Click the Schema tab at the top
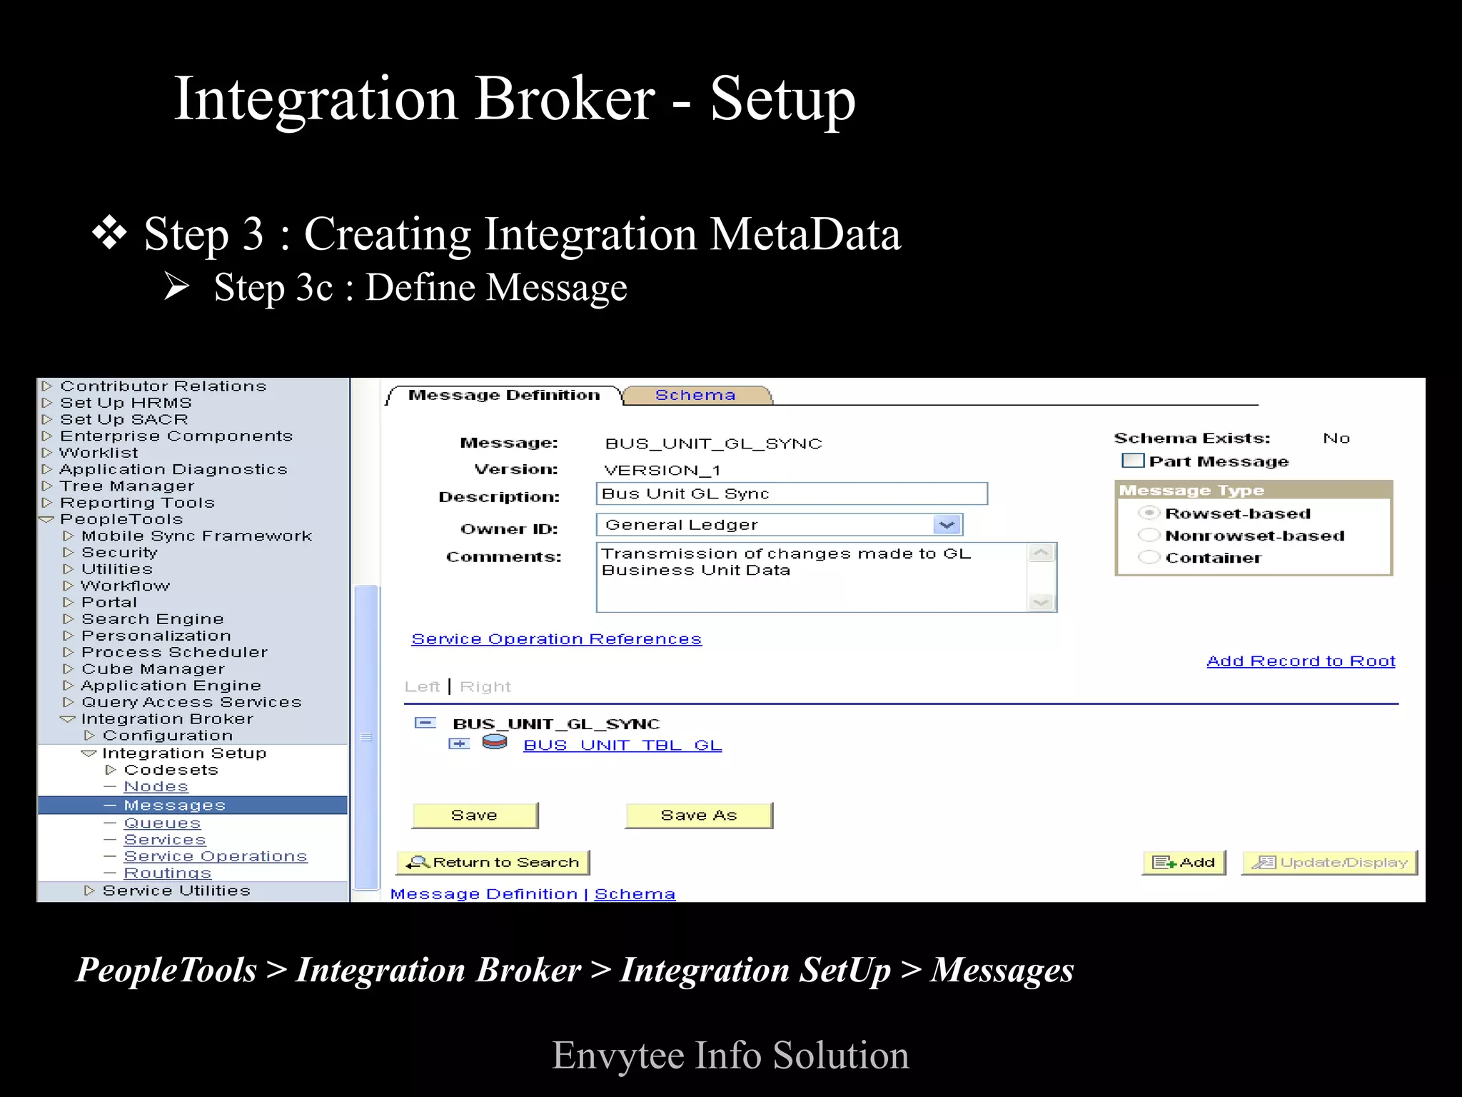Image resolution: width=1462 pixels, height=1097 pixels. [x=695, y=395]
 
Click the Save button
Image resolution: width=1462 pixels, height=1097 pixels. [x=475, y=815]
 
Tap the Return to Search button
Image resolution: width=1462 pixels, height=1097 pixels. [x=493, y=862]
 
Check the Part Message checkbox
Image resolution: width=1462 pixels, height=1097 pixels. [x=1132, y=461]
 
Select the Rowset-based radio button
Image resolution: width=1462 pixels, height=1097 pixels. [x=1149, y=513]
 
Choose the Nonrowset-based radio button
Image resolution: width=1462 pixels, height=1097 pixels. [x=1149, y=535]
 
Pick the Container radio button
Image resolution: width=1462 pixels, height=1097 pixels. [x=1149, y=557]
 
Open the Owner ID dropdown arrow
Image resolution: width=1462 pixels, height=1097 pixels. [x=947, y=525]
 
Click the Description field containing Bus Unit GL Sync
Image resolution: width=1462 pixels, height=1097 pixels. [x=791, y=494]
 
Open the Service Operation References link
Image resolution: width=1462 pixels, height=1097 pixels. [x=556, y=638]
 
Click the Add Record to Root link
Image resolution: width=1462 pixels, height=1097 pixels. [x=1301, y=661]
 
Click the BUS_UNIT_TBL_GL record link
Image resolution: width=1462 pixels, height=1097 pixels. [x=622, y=745]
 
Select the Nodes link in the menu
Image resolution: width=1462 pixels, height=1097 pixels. [x=156, y=786]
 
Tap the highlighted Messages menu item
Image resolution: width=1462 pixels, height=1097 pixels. [x=174, y=805]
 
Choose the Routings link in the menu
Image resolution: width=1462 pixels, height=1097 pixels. [x=168, y=873]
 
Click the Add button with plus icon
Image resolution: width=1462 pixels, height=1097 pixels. [x=1184, y=862]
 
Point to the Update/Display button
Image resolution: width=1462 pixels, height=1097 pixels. [x=1329, y=862]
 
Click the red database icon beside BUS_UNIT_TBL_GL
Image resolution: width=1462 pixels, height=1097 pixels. [x=495, y=743]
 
